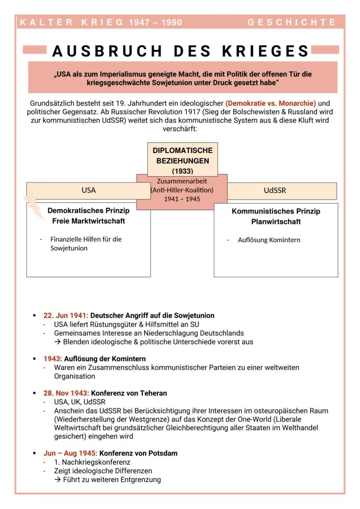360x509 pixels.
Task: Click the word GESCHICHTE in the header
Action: coord(291,22)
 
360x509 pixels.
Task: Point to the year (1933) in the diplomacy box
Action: coord(183,171)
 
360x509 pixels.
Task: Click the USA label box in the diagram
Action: coord(89,190)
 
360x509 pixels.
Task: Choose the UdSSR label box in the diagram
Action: coord(275,190)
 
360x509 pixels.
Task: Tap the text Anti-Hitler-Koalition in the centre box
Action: coord(182,190)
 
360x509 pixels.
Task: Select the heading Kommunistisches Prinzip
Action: coord(276,211)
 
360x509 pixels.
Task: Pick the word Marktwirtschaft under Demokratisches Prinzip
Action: coord(100,221)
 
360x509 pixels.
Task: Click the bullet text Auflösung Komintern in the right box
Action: coord(269,240)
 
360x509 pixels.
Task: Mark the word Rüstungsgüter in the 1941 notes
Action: coord(107,324)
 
